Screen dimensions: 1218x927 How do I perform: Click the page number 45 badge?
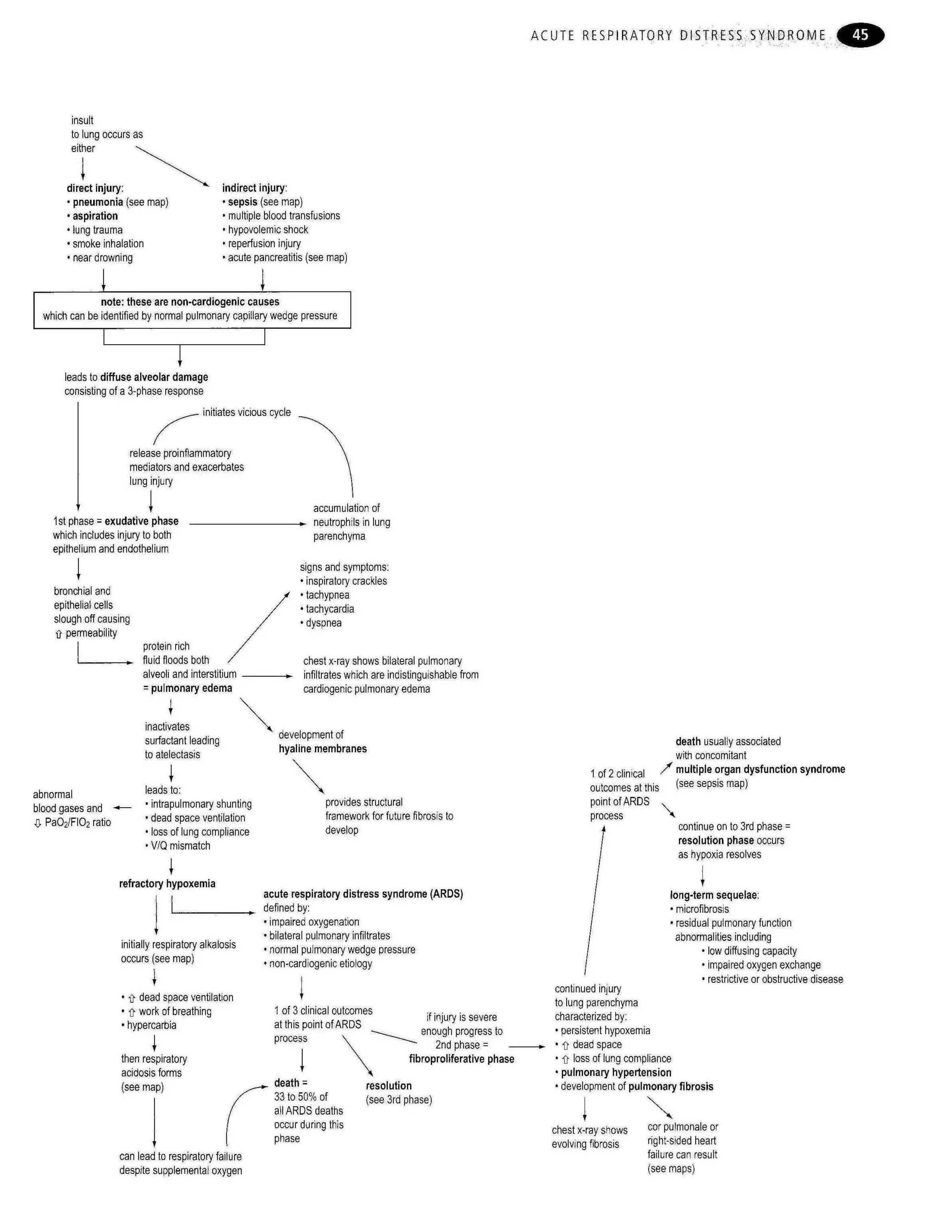(860, 35)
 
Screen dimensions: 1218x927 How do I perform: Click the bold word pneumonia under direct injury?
(98, 202)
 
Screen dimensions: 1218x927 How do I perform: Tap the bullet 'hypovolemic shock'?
(268, 229)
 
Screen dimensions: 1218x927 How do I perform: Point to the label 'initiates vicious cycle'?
(246, 412)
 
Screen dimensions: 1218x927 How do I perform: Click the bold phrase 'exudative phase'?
(141, 521)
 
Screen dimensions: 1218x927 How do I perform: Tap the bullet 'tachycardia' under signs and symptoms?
(330, 609)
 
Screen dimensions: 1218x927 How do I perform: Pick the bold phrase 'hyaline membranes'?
(322, 748)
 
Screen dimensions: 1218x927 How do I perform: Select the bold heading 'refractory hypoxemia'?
(167, 883)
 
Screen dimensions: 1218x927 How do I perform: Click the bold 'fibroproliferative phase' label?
(461, 1059)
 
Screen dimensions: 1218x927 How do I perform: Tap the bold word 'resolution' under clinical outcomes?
(388, 1085)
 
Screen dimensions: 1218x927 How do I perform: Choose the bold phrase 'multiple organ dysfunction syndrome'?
(760, 769)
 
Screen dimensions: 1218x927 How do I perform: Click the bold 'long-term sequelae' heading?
(714, 895)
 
